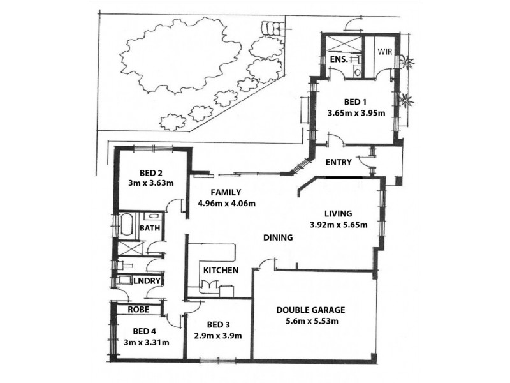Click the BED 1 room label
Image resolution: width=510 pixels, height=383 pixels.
coord(356,102)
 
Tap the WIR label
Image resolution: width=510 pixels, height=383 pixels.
coord(384,52)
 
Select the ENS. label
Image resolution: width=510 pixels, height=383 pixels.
coord(338,59)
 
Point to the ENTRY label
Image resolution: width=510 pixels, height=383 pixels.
coord(339,163)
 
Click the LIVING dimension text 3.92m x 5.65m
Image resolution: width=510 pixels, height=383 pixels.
coord(339,225)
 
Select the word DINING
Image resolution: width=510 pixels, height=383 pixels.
coord(278,238)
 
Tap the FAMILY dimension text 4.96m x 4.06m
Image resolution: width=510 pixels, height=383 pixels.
coord(226,204)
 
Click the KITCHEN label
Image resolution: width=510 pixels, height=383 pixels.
coord(221,271)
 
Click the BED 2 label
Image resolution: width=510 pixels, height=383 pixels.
coord(152,172)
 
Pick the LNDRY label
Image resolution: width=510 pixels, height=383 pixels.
coord(146,280)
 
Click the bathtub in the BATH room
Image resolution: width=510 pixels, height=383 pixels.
coord(125,225)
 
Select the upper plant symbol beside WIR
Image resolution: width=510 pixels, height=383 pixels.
coord(406,63)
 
